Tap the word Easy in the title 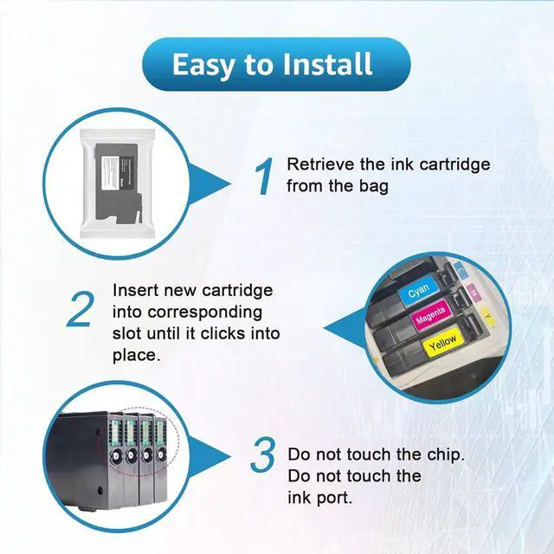tap(206, 64)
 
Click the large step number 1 tap(263, 177)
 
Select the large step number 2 tap(79, 311)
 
